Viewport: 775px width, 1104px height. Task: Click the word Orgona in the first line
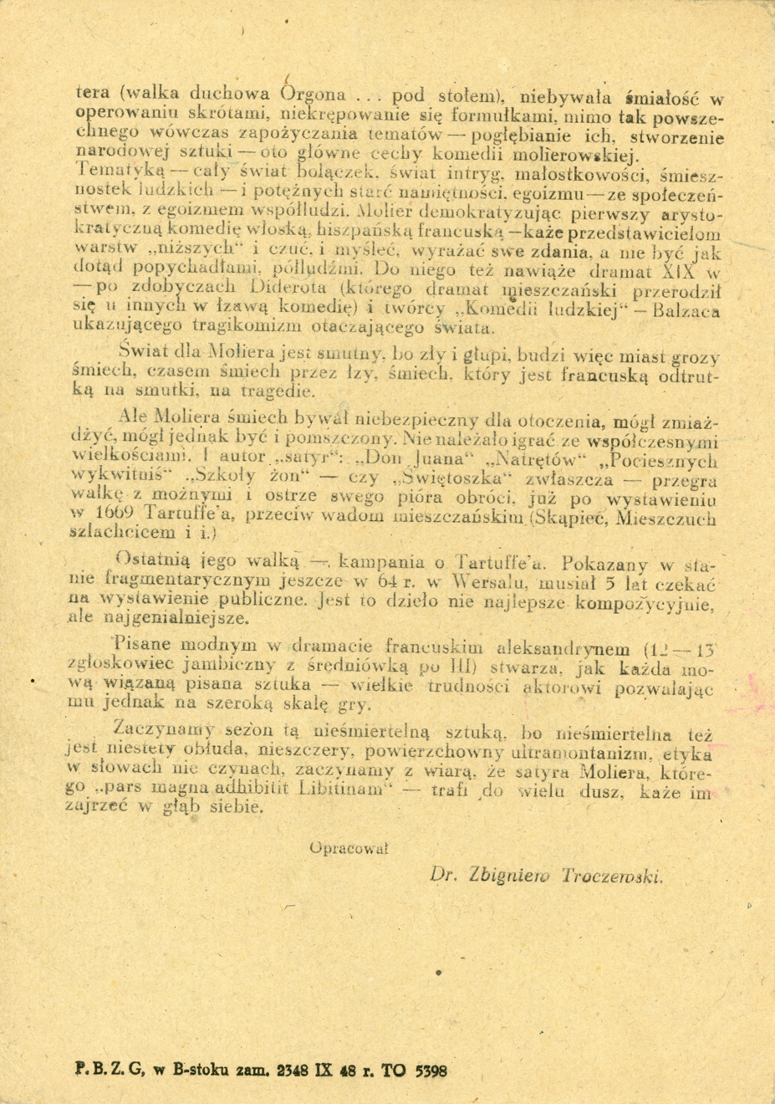[x=313, y=94]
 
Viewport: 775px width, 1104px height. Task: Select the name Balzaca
[x=691, y=311]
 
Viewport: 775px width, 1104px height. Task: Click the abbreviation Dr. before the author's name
[x=441, y=875]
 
